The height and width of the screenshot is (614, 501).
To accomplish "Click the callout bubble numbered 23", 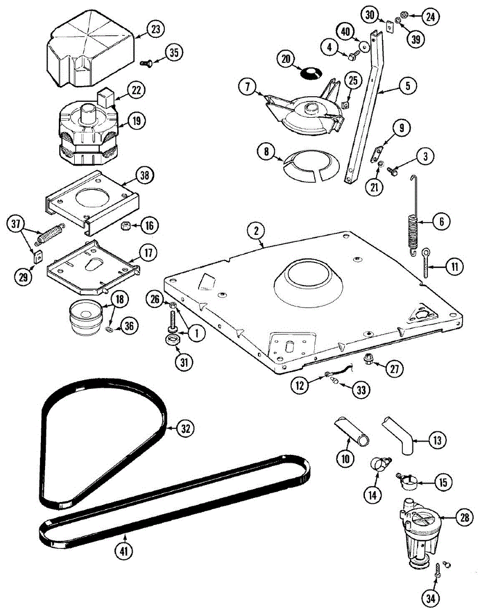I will point(155,30).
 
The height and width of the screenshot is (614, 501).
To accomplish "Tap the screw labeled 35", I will point(145,62).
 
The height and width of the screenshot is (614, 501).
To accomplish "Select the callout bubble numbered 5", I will point(408,86).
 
